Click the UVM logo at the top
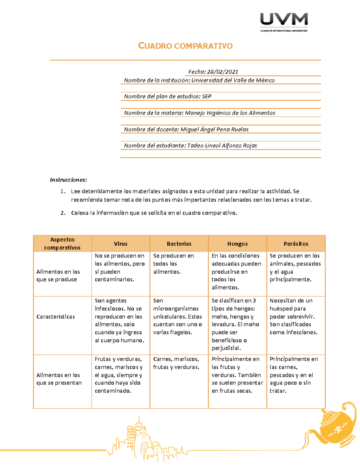pos(284,22)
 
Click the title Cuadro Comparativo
pos(185,46)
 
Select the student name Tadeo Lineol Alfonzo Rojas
pos(222,146)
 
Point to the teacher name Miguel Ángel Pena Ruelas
pos(214,129)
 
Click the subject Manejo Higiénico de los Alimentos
pos(230,113)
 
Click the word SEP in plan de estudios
pos(206,96)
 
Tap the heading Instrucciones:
pos(68,180)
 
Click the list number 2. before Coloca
pos(63,213)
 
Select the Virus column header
pos(121,244)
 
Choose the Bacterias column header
pos(179,244)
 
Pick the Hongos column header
pos(237,244)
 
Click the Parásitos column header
pos(296,244)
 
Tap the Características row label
pos(55,317)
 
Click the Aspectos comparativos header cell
pos(62,243)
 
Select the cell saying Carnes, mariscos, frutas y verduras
pos(176,363)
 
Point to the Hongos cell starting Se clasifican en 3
pos(235,324)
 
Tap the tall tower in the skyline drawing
pos(139,432)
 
